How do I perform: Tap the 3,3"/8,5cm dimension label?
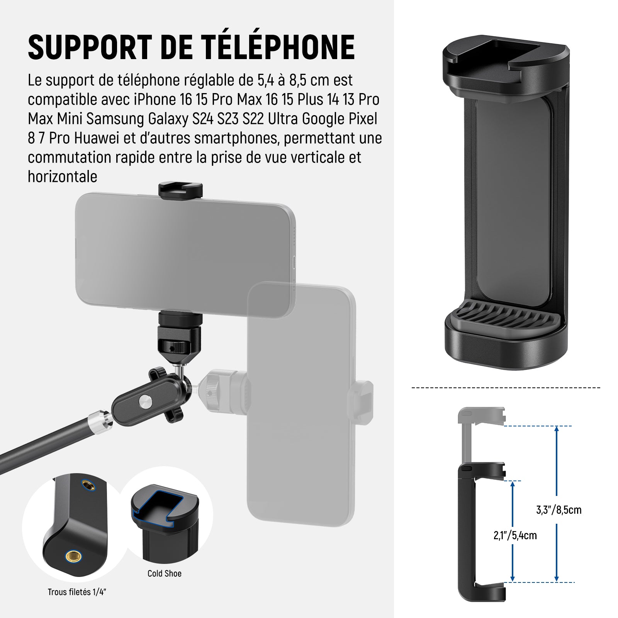click(x=559, y=510)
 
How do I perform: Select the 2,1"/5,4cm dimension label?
click(x=515, y=535)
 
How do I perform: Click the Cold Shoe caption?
click(x=165, y=574)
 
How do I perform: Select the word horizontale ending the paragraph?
click(x=63, y=177)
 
